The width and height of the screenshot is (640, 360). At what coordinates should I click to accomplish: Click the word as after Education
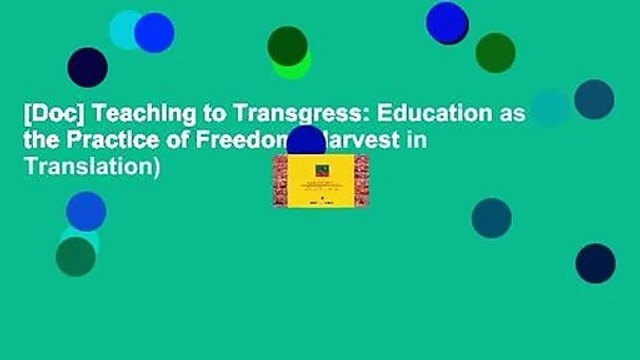(x=511, y=115)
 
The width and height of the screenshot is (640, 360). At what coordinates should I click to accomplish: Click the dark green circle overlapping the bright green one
(x=287, y=46)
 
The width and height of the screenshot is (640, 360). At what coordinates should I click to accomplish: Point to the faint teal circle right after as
(x=550, y=107)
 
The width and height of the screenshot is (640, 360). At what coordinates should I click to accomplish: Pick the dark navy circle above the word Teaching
(x=87, y=67)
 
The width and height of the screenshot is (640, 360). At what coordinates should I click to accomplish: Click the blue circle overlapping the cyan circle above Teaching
(x=154, y=32)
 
